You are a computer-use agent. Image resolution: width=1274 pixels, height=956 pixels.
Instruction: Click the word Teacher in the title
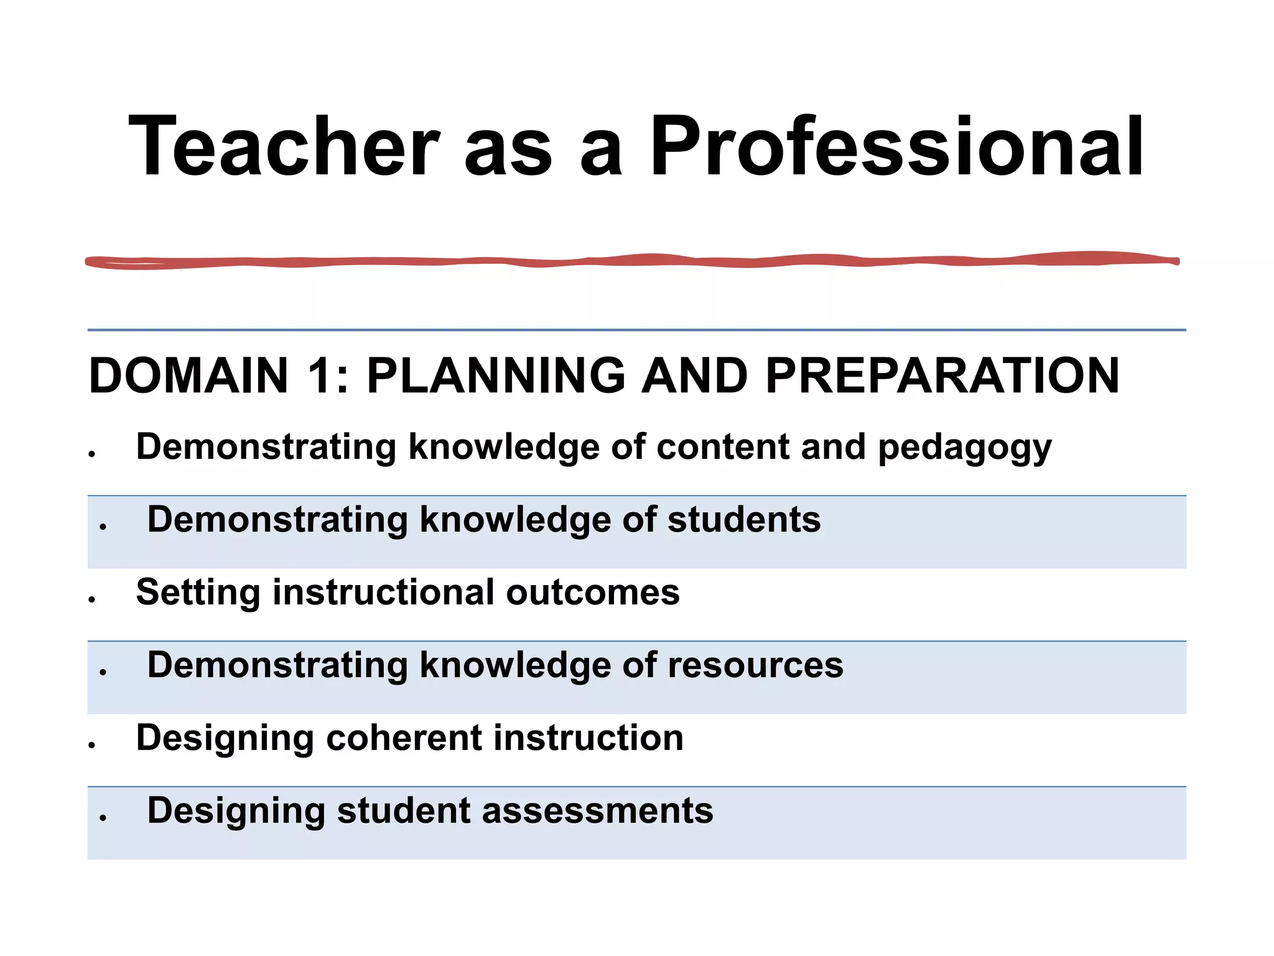pos(284,147)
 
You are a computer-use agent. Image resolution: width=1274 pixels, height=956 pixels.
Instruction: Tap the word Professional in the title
pos(896,147)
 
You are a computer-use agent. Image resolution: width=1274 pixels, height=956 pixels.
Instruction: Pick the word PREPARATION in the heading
pos(942,376)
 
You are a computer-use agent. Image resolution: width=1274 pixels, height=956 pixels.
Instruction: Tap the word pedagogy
pos(964,448)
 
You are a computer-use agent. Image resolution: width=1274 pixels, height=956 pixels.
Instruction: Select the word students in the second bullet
pos(744,520)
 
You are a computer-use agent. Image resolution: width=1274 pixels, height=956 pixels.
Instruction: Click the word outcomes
pos(593,592)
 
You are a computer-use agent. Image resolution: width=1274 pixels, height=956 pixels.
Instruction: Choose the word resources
pos(755,665)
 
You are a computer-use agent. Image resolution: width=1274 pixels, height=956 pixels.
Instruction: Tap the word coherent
pos(404,738)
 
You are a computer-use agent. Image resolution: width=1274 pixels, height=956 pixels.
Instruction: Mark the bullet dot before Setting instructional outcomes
pos(92,600)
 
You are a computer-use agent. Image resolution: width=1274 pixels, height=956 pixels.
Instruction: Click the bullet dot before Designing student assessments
pos(103,818)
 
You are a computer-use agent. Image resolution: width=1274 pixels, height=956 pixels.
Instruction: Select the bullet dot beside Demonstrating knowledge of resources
pos(103,672)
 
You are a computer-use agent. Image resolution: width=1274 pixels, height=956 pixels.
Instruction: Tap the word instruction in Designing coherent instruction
pos(588,738)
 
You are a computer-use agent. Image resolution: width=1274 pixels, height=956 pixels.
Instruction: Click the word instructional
pos(383,592)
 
